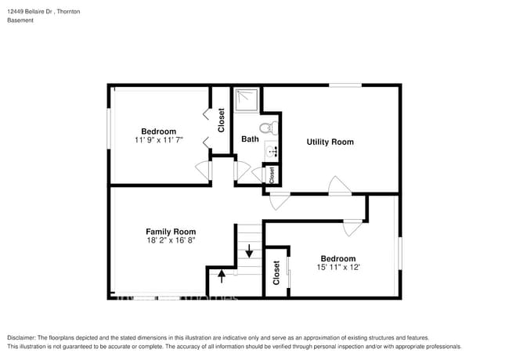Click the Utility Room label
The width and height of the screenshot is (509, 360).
(330, 142)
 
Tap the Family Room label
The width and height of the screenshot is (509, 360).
(171, 232)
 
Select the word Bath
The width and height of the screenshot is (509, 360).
(250, 139)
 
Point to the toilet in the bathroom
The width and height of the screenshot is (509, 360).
(265, 128)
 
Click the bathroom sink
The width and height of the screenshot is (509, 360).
(271, 151)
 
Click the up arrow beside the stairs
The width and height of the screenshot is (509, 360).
(222, 275)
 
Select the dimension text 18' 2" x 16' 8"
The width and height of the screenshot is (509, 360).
(171, 241)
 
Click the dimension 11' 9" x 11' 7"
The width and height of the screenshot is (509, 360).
(158, 140)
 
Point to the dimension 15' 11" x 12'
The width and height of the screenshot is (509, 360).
(338, 268)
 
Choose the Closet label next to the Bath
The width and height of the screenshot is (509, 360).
(221, 120)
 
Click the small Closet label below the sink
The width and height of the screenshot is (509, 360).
(272, 175)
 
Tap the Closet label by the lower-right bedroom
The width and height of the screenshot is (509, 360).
(276, 272)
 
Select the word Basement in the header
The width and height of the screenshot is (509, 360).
(21, 20)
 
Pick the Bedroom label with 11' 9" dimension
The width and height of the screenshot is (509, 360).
(158, 131)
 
